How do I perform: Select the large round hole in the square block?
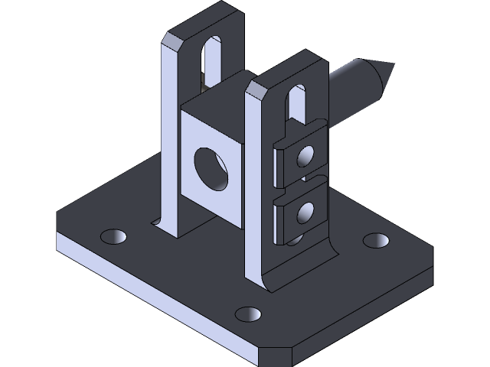211,168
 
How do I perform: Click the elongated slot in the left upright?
211,57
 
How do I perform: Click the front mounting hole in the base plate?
247,313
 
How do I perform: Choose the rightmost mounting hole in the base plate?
374,240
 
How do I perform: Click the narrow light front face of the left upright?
171,138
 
